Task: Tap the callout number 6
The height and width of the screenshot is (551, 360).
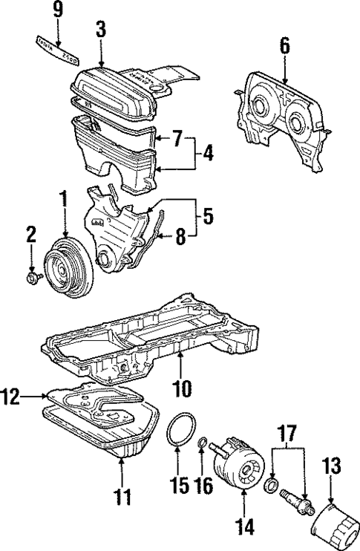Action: [x=285, y=45]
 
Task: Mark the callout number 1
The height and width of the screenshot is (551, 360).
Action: [x=64, y=198]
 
